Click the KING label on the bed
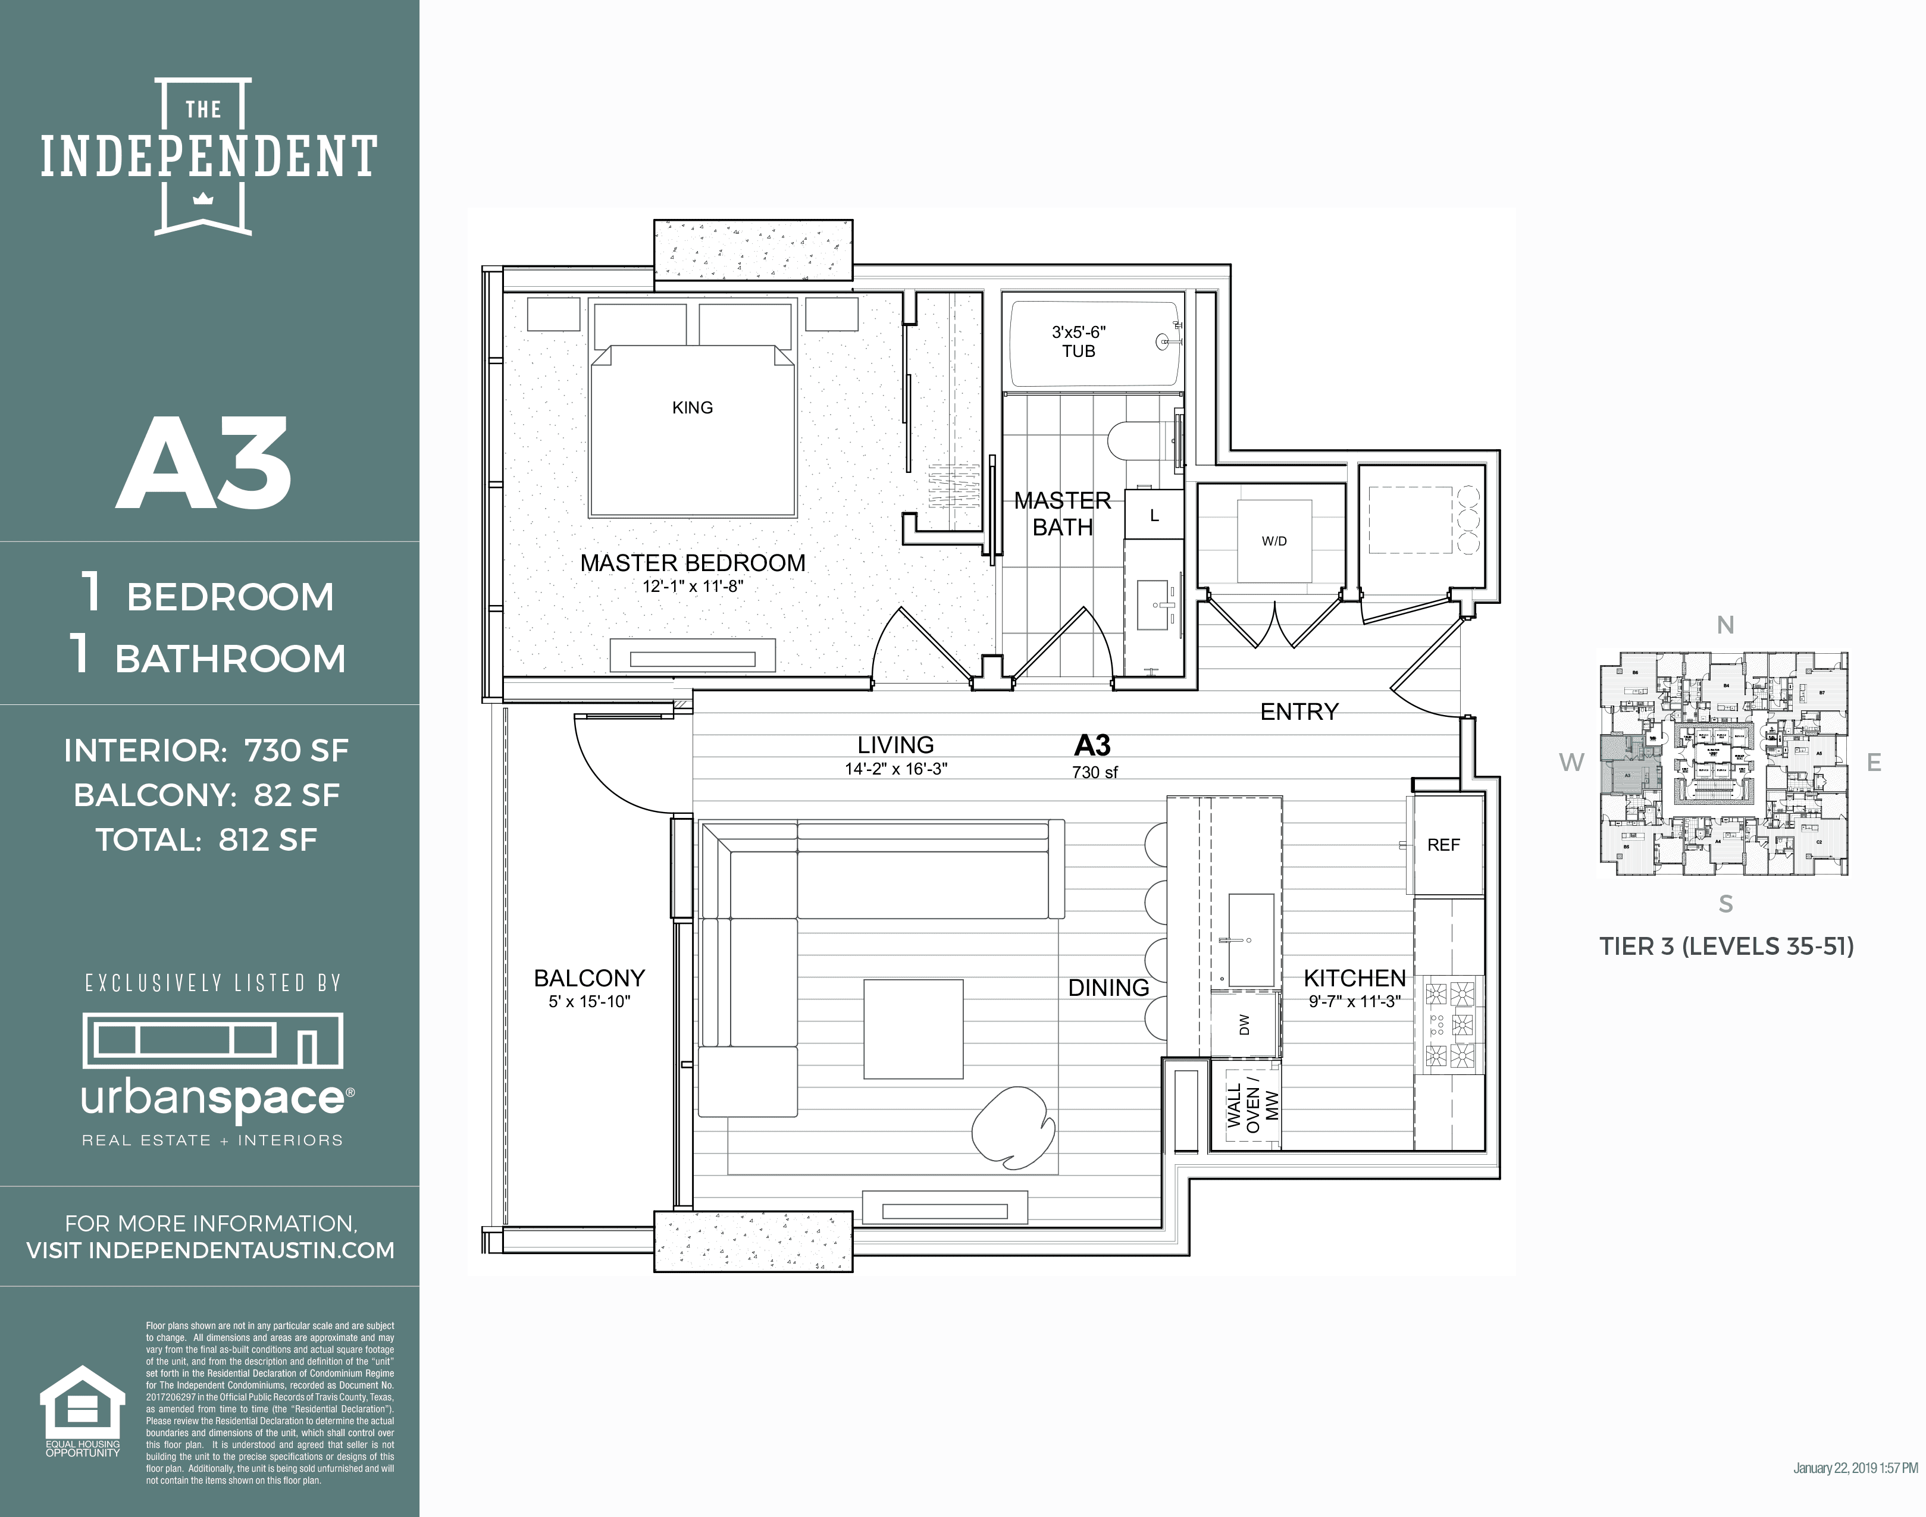click(x=692, y=408)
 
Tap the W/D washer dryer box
click(x=1274, y=541)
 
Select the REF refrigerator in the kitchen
click(x=1443, y=845)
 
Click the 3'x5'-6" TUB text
click(x=1079, y=341)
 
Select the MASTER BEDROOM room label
click(x=692, y=563)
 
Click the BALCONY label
click(x=589, y=978)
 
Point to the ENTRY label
click(x=1299, y=712)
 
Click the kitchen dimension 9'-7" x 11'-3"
click(x=1354, y=1001)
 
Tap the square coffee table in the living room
click(x=913, y=1029)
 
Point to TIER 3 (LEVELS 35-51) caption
click(x=1726, y=947)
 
